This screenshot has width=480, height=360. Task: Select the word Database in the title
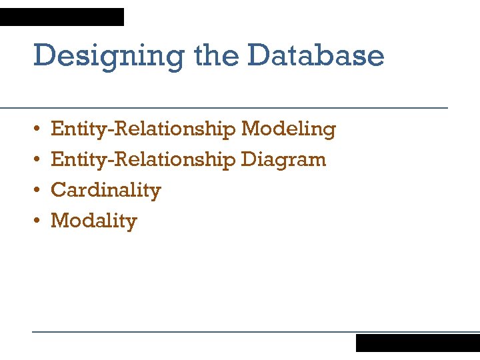tap(315, 55)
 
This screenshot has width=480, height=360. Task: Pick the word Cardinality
tap(106, 191)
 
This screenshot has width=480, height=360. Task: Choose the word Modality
tap(94, 221)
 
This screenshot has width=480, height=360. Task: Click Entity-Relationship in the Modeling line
tap(143, 129)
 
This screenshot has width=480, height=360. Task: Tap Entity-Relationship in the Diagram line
tap(143, 160)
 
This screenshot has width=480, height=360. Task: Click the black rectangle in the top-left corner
tap(62, 17)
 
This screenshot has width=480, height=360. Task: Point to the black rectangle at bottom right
tap(417, 343)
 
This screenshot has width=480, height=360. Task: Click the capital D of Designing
tap(43, 55)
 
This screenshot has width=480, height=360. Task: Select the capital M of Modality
tap(59, 221)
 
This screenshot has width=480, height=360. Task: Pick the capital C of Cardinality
tap(58, 191)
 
